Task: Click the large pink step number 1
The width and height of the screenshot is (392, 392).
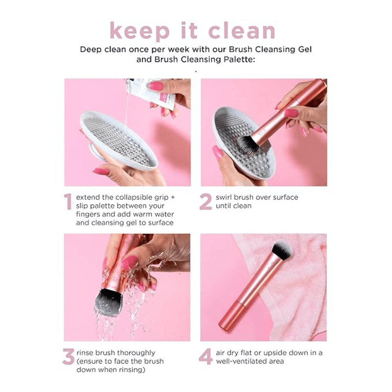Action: pyautogui.click(x=68, y=202)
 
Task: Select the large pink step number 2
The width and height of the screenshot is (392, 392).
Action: pyautogui.click(x=205, y=202)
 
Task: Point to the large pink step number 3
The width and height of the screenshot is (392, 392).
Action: pyautogui.click(x=68, y=357)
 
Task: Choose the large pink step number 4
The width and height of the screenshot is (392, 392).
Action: pyautogui.click(x=206, y=357)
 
